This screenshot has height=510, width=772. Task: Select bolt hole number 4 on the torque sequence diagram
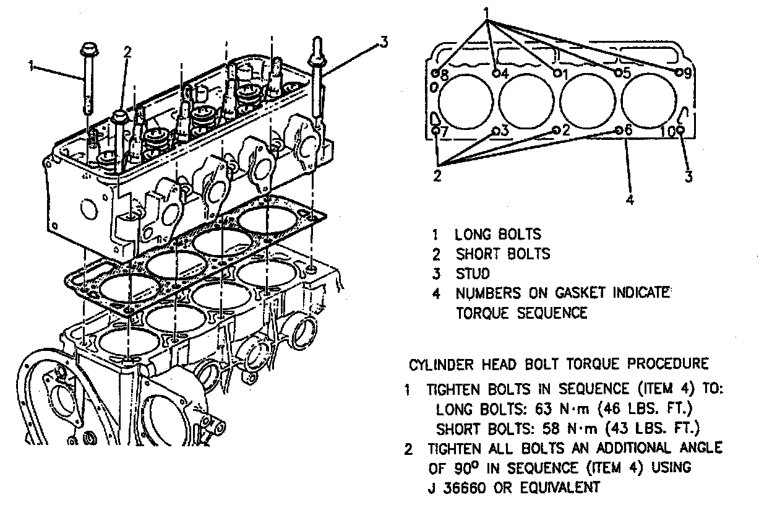pyautogui.click(x=496, y=73)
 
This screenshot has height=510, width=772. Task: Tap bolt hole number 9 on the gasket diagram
pyautogui.click(x=679, y=72)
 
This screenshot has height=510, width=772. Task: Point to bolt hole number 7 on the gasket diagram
pyautogui.click(x=435, y=131)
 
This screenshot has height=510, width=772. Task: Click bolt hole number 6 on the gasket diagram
pyautogui.click(x=619, y=130)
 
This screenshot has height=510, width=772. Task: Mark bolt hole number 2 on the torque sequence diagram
pyautogui.click(x=556, y=130)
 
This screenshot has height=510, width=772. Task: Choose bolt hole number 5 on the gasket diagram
pyautogui.click(x=617, y=73)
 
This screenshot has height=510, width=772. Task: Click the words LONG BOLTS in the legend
pyautogui.click(x=497, y=235)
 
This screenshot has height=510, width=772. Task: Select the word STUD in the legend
pyautogui.click(x=473, y=273)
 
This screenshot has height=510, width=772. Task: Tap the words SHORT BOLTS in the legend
pyautogui.click(x=502, y=254)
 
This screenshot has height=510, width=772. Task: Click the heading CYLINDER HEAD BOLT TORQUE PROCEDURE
pyautogui.click(x=559, y=363)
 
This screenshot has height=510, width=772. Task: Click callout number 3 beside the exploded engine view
pyautogui.click(x=384, y=42)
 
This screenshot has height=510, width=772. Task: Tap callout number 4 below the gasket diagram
pyautogui.click(x=629, y=199)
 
